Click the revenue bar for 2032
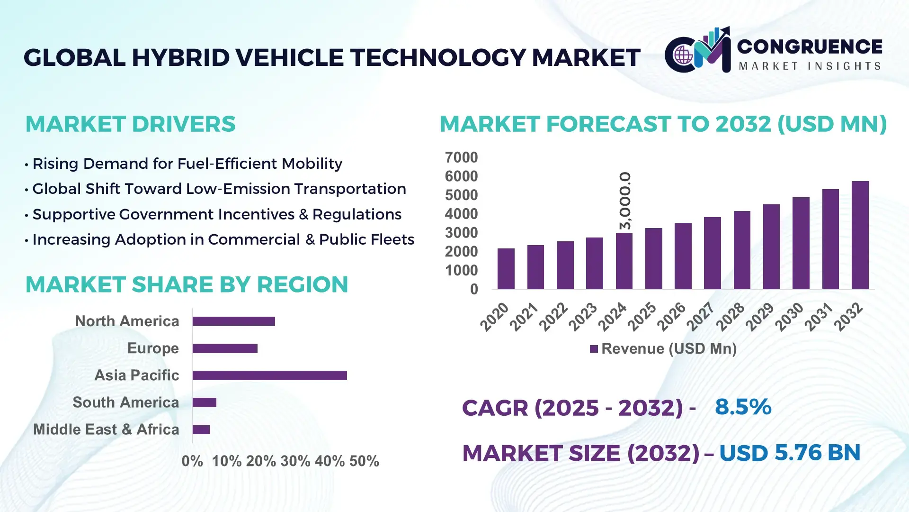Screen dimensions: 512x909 tap(860, 235)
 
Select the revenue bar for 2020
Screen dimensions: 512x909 tap(506, 269)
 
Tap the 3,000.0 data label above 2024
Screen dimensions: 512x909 tap(625, 201)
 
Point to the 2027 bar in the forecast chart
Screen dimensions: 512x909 tap(712, 253)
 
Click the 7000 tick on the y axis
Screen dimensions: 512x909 tap(461, 157)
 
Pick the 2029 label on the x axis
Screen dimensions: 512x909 tap(759, 317)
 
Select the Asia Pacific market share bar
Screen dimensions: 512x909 tap(269, 375)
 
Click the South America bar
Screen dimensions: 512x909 tap(204, 402)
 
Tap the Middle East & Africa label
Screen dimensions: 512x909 tap(106, 430)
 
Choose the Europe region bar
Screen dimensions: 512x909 tap(225, 348)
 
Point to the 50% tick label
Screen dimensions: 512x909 tap(364, 461)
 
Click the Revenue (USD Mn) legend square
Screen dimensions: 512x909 tap(594, 349)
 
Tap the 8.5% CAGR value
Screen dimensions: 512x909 tap(743, 407)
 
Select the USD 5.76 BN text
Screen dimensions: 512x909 tap(789, 453)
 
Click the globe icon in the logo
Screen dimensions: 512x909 tap(683, 55)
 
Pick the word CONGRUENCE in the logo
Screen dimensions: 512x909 tap(810, 46)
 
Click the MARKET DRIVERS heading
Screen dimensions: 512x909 tap(130, 124)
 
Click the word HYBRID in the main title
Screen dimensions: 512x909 tap(180, 58)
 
